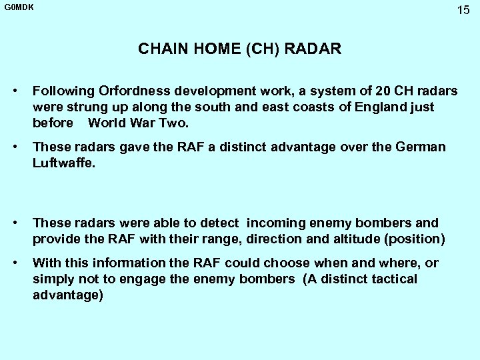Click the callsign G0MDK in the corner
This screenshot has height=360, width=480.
[x=19, y=7]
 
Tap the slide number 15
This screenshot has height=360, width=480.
[x=463, y=10]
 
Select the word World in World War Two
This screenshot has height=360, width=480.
[x=105, y=123]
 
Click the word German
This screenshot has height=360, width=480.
[x=422, y=147]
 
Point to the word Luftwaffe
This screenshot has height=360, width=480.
[x=63, y=163]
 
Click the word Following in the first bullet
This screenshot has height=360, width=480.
[x=63, y=91]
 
